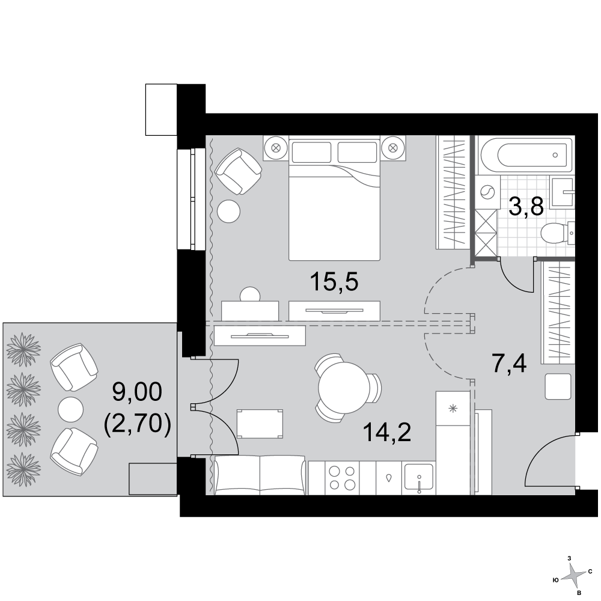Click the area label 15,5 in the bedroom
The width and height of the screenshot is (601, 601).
tap(334, 282)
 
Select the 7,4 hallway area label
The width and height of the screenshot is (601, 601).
tap(509, 364)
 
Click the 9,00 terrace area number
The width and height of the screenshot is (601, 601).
tap(137, 392)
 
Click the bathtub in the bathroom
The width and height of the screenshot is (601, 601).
tap(526, 155)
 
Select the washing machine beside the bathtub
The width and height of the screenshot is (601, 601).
tap(487, 192)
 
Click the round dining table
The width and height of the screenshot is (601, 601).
tap(344, 388)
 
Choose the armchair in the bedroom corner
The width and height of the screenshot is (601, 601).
tap(238, 171)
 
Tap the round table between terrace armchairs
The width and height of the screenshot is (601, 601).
tap(70, 409)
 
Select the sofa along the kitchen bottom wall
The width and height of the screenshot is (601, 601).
tap(260, 475)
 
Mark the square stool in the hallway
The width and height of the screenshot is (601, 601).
tap(558, 386)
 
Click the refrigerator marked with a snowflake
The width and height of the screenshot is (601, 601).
tap(453, 443)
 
